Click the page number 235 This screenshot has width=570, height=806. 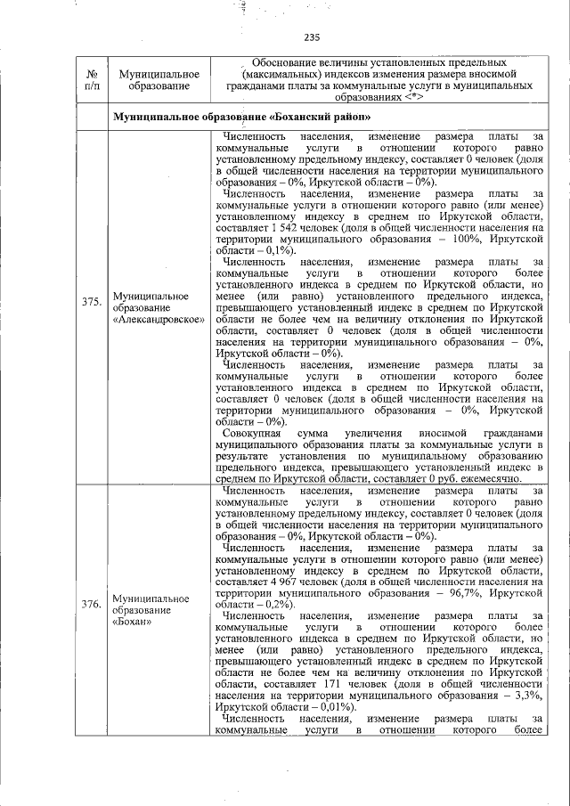point(312,37)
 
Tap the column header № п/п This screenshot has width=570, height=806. point(90,77)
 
